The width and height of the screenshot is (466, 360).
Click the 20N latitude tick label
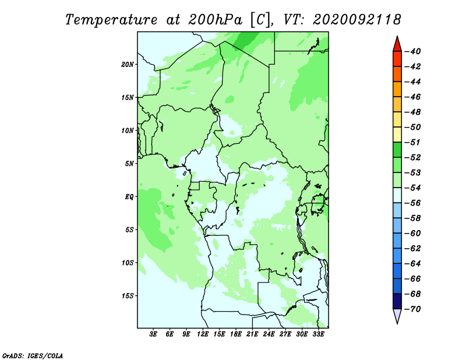[x=128, y=65]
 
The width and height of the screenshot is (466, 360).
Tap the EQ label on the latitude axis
[x=129, y=197]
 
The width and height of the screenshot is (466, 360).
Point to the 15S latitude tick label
[x=128, y=296]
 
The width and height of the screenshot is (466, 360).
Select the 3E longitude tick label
[x=153, y=334]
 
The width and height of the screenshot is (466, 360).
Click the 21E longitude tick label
[x=252, y=334]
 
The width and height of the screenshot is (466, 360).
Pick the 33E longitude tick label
[x=318, y=334]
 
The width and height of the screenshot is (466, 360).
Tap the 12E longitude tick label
[x=202, y=334]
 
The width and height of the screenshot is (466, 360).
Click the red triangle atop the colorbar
[x=397, y=45]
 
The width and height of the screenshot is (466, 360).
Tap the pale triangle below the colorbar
[x=397, y=315]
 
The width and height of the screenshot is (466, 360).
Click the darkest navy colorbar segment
[x=397, y=301]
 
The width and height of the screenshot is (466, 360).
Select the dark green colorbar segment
[x=397, y=150]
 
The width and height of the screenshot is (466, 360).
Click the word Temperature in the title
[x=111, y=20]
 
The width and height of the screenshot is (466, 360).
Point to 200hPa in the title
[x=215, y=20]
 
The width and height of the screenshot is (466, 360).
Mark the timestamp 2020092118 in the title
[x=357, y=20]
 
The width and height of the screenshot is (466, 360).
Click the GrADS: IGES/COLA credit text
[x=33, y=356]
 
